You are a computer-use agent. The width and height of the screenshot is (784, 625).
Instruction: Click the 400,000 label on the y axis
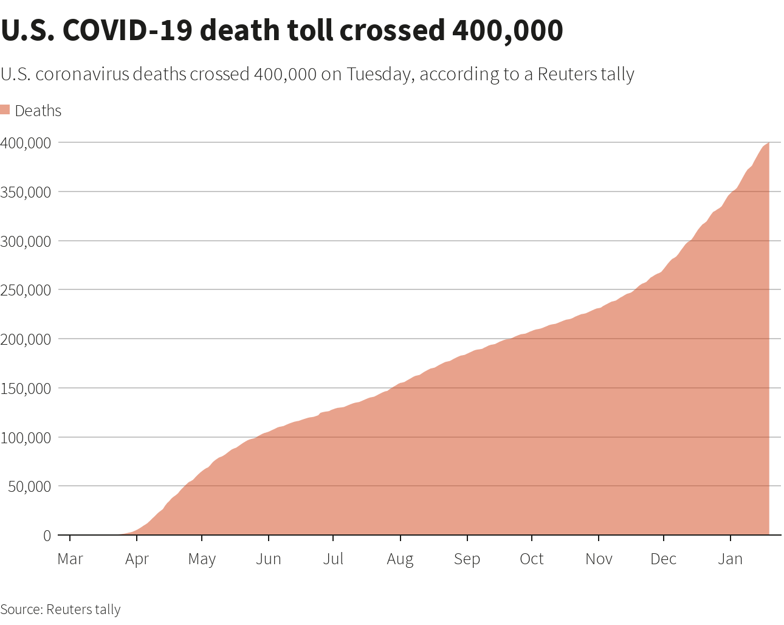tap(26, 143)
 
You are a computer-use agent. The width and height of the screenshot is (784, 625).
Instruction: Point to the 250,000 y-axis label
tap(26, 290)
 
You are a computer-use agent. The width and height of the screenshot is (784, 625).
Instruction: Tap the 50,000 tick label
tap(29, 486)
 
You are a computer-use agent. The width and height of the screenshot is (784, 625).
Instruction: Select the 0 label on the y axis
tap(47, 536)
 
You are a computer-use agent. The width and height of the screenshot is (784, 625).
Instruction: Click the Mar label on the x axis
tap(70, 559)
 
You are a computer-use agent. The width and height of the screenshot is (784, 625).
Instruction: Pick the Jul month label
tap(333, 559)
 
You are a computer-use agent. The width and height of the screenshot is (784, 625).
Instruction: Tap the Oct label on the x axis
tap(532, 559)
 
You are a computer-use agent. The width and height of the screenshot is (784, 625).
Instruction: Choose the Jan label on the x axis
tap(730, 559)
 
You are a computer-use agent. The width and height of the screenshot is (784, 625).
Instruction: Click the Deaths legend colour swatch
tap(5, 110)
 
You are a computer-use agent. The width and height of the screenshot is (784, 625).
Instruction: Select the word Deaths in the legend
tap(38, 111)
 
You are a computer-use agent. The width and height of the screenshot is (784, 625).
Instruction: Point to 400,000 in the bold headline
tap(507, 30)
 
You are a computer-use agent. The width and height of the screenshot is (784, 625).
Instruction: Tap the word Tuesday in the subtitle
tap(379, 74)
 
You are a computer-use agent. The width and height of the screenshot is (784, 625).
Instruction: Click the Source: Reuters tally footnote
tap(60, 609)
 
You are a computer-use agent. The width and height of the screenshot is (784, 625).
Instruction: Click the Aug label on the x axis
tap(400, 559)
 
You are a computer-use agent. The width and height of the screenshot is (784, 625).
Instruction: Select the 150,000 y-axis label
tap(26, 388)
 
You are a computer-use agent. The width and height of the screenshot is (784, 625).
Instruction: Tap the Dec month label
tap(663, 559)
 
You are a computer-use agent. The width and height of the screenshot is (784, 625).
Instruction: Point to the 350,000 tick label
tap(26, 192)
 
